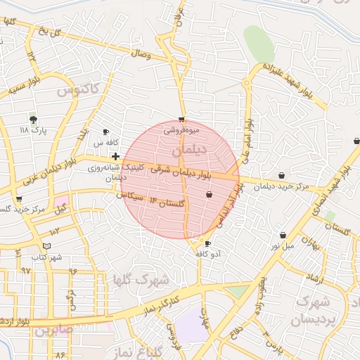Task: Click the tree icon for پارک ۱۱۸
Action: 33,120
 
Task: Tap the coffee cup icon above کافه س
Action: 106,131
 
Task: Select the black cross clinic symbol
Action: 115,156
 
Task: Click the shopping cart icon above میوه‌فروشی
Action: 182,120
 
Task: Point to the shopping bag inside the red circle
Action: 209,194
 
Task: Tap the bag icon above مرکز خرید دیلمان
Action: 282,175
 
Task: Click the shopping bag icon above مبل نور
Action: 283,235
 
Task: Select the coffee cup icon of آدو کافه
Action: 207,243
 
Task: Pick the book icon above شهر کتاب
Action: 46,246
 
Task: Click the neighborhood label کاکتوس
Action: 78,90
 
